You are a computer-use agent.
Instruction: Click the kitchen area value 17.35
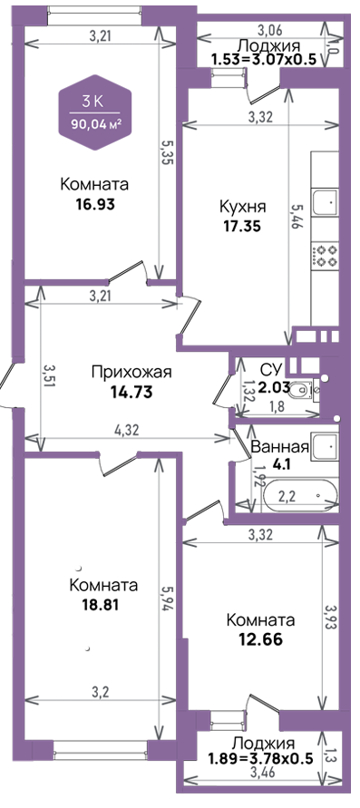click(243, 226)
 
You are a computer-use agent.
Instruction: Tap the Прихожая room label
click(131, 372)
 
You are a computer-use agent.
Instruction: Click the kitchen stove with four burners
click(325, 256)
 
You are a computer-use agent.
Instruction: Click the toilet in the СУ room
click(301, 393)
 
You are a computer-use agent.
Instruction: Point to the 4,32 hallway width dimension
click(127, 430)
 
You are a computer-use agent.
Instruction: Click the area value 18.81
click(101, 605)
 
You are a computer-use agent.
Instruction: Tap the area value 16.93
click(95, 204)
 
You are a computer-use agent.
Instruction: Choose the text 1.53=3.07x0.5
click(263, 58)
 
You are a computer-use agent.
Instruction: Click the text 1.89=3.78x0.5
click(260, 758)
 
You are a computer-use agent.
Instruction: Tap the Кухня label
click(243, 207)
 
